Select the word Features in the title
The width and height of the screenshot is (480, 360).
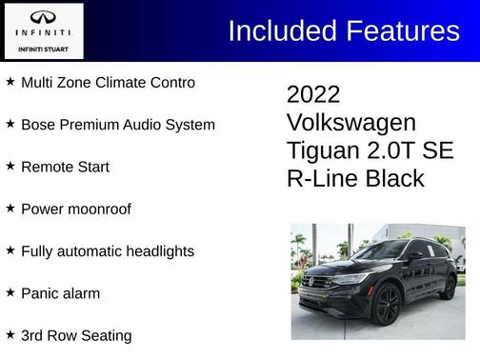pyautogui.click(x=403, y=30)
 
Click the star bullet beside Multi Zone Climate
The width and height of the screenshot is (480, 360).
pyautogui.click(x=10, y=82)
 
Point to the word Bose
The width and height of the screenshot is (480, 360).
pyautogui.click(x=37, y=125)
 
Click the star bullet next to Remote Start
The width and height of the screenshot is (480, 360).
pyautogui.click(x=10, y=166)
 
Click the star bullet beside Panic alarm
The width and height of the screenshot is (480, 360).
pyautogui.click(x=10, y=293)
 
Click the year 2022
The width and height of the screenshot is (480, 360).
pyautogui.click(x=312, y=95)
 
